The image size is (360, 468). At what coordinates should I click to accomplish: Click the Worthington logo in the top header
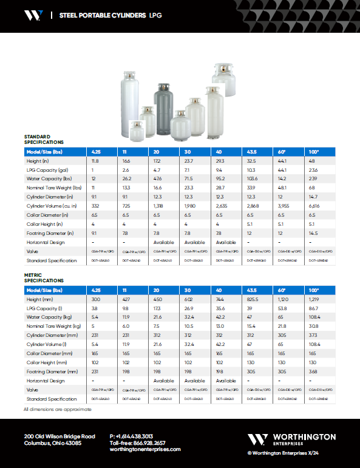(x=33, y=15)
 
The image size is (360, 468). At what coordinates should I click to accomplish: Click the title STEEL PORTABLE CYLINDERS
(x=103, y=15)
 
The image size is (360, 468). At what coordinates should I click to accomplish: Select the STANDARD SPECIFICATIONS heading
(x=37, y=139)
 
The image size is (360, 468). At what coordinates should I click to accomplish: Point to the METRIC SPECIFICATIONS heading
(x=43, y=278)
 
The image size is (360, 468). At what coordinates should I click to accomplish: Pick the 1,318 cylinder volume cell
(x=160, y=206)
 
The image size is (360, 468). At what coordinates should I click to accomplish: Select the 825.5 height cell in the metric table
(x=251, y=299)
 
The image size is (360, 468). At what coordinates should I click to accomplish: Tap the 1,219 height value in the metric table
(x=314, y=299)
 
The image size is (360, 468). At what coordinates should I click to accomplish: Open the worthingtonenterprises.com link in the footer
(x=145, y=449)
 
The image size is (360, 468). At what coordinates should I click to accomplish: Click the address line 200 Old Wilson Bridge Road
(x=59, y=436)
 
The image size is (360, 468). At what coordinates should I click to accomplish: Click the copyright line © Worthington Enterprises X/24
(x=291, y=453)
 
